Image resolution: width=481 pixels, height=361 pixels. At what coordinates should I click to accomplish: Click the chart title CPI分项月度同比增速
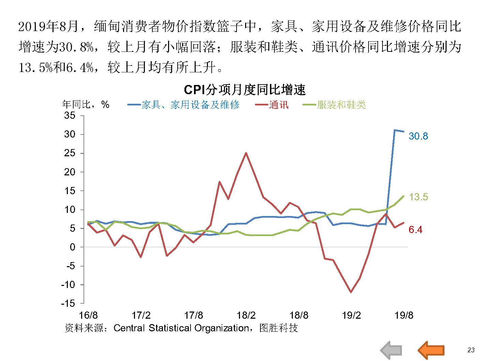244,90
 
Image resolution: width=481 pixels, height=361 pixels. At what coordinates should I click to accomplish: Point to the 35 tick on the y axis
70,115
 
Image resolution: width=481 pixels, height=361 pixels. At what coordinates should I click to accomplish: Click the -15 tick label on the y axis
68,303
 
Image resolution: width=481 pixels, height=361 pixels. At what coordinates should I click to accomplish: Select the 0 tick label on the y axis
72,247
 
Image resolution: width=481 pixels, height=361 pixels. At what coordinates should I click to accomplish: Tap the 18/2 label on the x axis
246,315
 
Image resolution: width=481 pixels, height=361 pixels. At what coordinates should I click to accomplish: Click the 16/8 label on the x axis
88,315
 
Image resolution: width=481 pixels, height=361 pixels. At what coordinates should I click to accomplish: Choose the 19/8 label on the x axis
404,315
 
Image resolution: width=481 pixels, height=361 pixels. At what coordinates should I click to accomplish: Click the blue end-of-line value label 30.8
418,136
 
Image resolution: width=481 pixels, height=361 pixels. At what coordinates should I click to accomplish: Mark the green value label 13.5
418,197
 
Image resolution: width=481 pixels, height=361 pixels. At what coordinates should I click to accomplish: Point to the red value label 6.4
415,230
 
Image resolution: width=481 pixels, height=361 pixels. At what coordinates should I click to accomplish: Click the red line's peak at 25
246,153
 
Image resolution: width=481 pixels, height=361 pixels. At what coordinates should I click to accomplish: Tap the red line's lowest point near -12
351,292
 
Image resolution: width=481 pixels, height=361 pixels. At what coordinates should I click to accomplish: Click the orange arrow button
431,350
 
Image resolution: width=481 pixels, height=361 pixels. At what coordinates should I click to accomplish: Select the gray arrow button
391,350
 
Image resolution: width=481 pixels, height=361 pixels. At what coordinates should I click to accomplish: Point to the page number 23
471,350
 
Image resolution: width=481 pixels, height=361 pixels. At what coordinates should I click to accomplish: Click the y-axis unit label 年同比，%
86,104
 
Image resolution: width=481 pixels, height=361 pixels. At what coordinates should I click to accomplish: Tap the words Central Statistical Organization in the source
181,328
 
